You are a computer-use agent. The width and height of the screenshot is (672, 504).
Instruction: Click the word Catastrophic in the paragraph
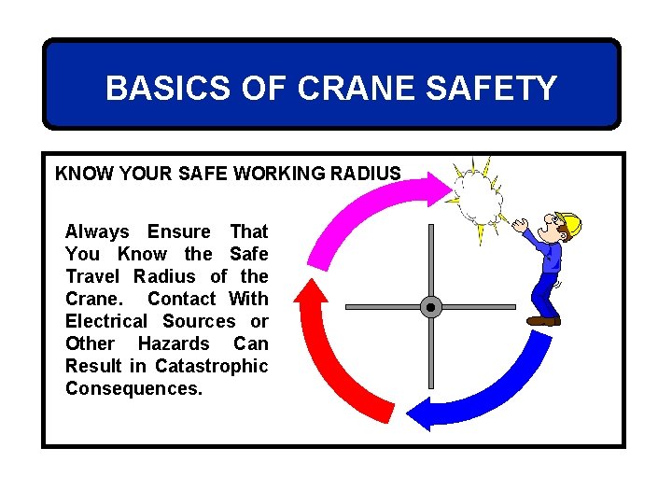[x=212, y=366]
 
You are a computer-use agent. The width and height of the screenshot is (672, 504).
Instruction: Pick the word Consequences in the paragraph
[x=133, y=388]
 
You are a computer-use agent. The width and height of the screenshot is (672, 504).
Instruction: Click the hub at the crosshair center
[x=430, y=306]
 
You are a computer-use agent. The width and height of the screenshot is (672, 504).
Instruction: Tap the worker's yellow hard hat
[x=569, y=224]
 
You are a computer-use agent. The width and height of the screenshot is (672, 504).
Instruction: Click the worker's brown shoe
[x=542, y=320]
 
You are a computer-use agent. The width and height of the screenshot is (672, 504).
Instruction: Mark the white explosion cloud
[x=479, y=198]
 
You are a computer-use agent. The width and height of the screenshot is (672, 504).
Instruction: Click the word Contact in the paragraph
[x=182, y=299]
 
